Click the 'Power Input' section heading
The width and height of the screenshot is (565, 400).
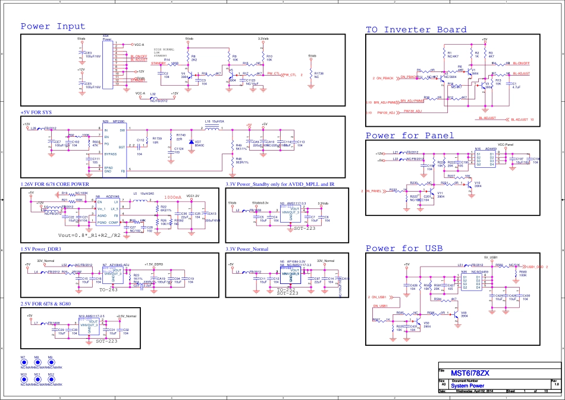tap(54, 27)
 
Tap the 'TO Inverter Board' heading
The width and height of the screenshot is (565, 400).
tap(416, 30)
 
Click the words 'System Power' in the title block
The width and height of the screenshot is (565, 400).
tap(470, 386)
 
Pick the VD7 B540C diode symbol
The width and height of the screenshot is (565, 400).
tap(192, 142)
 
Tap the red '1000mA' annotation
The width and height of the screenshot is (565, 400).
tap(172, 196)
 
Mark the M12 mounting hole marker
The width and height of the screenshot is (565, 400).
tap(51, 379)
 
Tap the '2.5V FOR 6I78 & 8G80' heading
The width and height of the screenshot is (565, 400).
tap(49, 304)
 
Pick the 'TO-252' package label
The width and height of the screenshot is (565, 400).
tap(287, 289)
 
